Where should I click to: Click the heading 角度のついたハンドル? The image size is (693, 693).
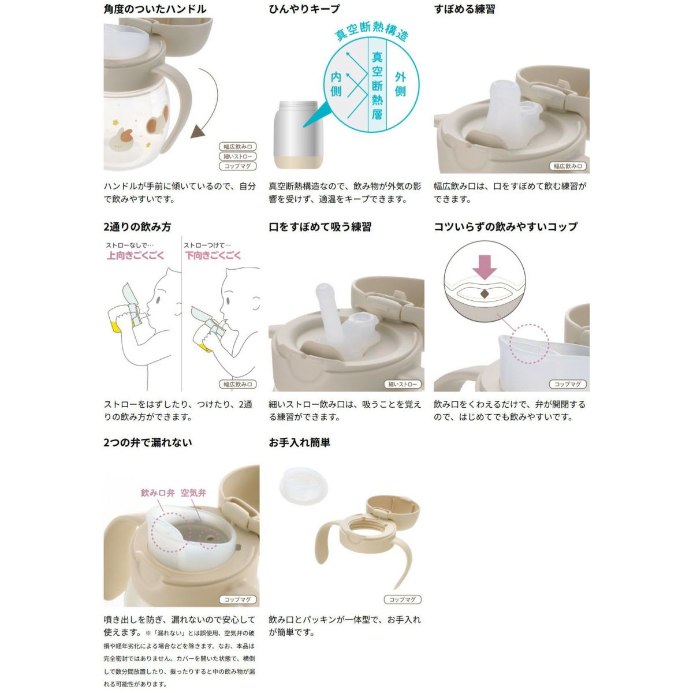pyautogui.click(x=155, y=9)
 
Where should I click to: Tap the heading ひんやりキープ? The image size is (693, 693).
pyautogui.click(x=304, y=9)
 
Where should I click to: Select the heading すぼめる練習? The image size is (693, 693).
pyautogui.click(x=464, y=9)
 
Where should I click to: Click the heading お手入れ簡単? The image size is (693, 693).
pyautogui.click(x=299, y=442)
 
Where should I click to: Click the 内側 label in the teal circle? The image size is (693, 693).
pyautogui.click(x=336, y=84)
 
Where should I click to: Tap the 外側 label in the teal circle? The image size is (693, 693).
pyautogui.click(x=400, y=84)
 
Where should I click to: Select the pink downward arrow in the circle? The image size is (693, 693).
pyautogui.click(x=485, y=267)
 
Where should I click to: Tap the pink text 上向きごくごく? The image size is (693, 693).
pyautogui.click(x=135, y=256)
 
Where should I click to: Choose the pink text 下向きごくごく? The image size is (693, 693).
pyautogui.click(x=213, y=256)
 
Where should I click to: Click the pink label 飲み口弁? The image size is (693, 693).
pyautogui.click(x=158, y=493)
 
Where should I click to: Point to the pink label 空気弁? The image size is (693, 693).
pyautogui.click(x=193, y=493)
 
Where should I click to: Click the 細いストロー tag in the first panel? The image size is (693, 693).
pyautogui.click(x=238, y=157)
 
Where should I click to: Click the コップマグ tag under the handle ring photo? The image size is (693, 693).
pyautogui.click(x=403, y=599)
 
